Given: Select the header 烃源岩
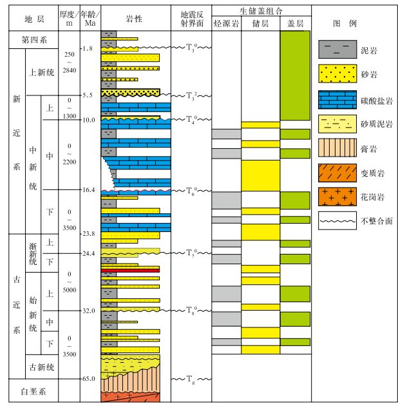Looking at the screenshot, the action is [226, 24].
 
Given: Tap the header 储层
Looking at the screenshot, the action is [260, 24].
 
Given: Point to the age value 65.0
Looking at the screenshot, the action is [88, 379].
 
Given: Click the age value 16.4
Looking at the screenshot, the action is [88, 190].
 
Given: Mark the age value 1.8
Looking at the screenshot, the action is [88, 48].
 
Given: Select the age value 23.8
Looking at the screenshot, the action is [88, 233].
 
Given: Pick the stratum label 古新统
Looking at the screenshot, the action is [41, 367].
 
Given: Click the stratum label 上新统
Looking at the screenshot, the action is [41, 72].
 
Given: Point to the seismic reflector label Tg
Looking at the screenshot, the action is [191, 379].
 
